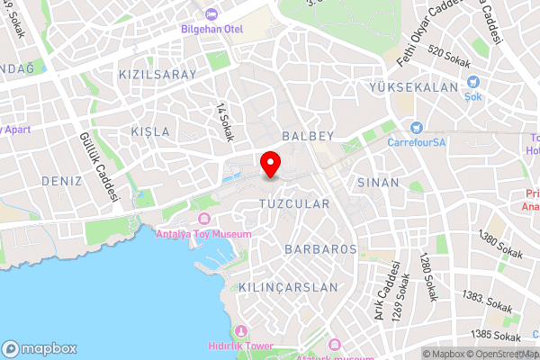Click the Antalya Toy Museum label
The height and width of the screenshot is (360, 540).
pos(204,234)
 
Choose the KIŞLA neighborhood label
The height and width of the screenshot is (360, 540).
pos(149,131)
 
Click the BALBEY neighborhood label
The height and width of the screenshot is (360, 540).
pos(308,136)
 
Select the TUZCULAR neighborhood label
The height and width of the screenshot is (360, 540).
pos(294,204)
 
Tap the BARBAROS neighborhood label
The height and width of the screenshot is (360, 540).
pos(320,248)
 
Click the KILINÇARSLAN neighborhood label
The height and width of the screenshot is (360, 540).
pos(288,287)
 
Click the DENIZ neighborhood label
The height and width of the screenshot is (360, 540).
pos(61,181)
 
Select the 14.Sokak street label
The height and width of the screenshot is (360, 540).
pos(224,121)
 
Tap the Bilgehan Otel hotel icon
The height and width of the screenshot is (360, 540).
pos(211,13)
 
